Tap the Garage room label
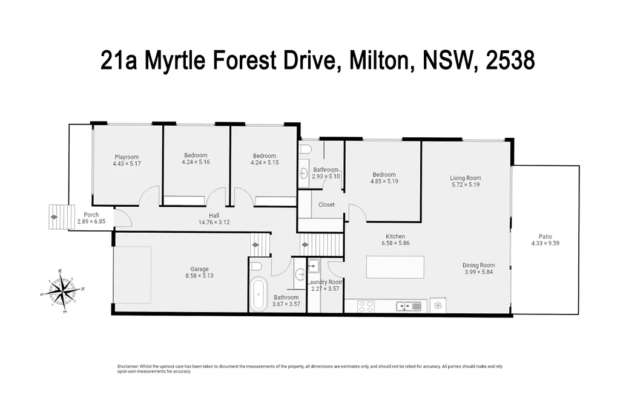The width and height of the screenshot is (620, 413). [x=200, y=269]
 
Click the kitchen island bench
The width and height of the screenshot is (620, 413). [x=395, y=267]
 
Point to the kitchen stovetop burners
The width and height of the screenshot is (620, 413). [x=366, y=306]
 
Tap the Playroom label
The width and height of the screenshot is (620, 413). [x=127, y=157]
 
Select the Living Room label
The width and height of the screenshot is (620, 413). [x=466, y=178]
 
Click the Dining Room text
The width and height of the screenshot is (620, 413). [x=478, y=265]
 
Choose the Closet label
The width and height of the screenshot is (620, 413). [x=326, y=204]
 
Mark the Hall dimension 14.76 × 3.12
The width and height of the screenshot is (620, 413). [x=214, y=222]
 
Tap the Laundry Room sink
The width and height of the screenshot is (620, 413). [x=313, y=266]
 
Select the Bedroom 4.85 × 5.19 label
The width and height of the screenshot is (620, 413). [x=384, y=175]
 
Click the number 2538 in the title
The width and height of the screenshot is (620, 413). [x=510, y=60]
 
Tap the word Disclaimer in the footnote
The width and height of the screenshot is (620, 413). [x=127, y=366]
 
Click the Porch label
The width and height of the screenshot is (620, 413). [x=91, y=215]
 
